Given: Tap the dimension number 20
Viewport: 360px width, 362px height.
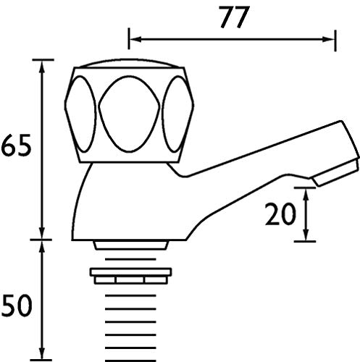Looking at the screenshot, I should (280, 214).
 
